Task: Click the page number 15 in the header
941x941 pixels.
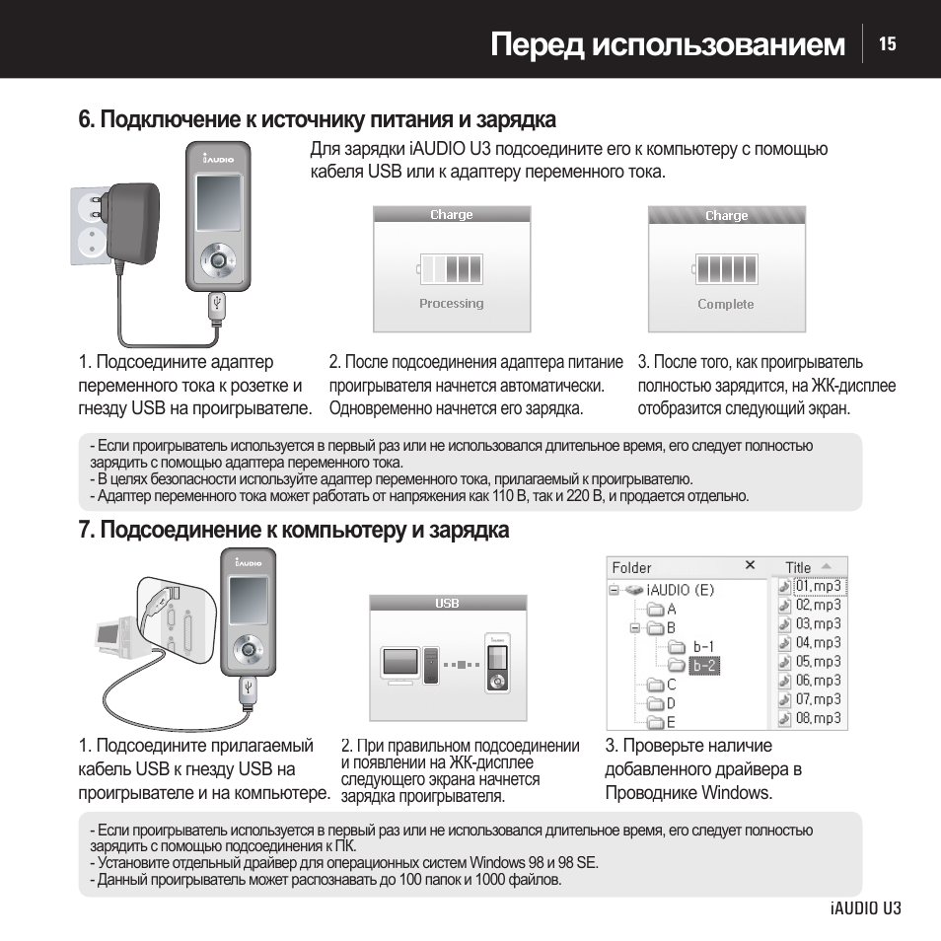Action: click(x=888, y=44)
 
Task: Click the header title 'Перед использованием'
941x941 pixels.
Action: click(x=668, y=45)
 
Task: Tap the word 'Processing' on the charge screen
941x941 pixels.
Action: click(x=451, y=304)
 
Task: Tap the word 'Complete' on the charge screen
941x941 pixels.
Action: click(x=726, y=305)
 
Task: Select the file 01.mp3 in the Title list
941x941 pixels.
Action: click(x=818, y=586)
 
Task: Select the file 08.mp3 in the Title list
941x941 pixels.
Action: click(x=818, y=718)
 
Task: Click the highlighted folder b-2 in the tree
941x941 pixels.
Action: click(x=704, y=666)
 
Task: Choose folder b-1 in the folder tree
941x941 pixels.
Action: click(x=703, y=647)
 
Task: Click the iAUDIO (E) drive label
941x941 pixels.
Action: click(x=680, y=590)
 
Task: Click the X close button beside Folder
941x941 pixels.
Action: click(x=750, y=565)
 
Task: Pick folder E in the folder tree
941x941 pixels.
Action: click(x=671, y=722)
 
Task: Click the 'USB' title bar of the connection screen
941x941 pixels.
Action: click(x=448, y=603)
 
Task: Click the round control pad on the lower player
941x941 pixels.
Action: click(x=247, y=649)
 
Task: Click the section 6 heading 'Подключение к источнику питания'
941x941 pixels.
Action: click(x=318, y=120)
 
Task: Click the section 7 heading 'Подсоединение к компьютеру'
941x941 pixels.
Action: click(x=294, y=531)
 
